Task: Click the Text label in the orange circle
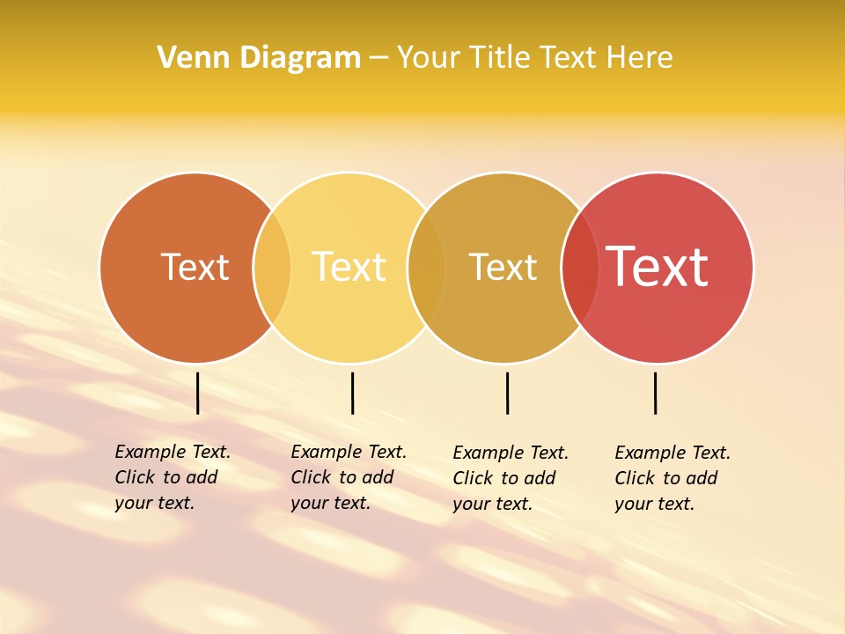(195, 267)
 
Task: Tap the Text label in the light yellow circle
(349, 267)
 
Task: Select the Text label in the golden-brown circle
(503, 267)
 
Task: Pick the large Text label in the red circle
(657, 266)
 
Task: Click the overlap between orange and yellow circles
(272, 268)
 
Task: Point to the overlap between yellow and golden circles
(426, 268)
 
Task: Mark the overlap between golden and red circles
(580, 268)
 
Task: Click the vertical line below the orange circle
(198, 393)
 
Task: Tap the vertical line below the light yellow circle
(352, 393)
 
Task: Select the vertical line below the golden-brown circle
(507, 393)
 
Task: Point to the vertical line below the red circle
(656, 393)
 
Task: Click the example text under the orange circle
(172, 477)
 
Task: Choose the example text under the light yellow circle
(348, 477)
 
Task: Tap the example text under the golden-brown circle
(510, 478)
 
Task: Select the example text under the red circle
(672, 478)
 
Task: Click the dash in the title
(378, 59)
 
